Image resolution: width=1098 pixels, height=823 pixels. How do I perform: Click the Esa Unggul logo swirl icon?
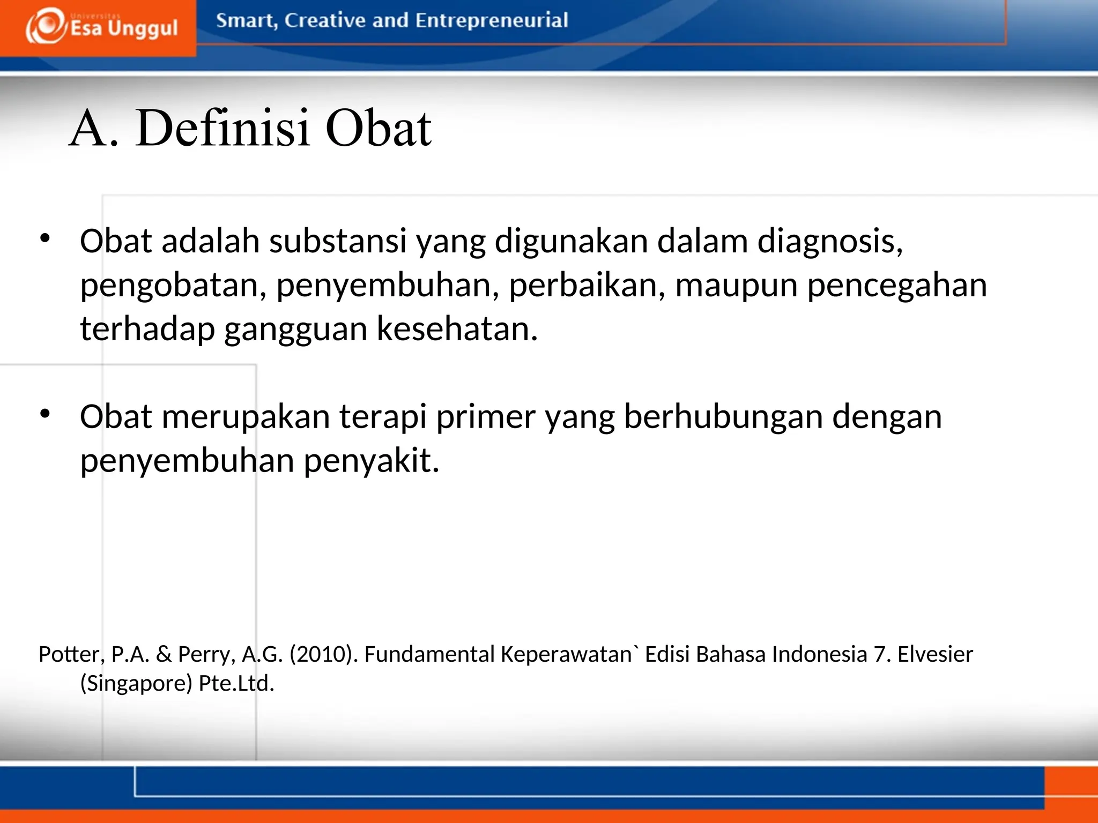pos(46,26)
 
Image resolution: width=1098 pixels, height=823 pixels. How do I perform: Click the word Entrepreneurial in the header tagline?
pos(491,20)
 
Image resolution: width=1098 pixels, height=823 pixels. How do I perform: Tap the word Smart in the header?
pos(246,20)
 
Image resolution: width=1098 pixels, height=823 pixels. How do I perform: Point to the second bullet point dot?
pos(45,413)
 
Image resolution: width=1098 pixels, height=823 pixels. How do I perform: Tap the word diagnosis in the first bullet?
pos(829,241)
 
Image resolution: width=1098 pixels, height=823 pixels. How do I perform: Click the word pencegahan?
pos(897,285)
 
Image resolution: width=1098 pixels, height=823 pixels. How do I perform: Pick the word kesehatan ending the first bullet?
pos(457,328)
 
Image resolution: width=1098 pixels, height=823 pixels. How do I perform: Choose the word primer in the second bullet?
pos(486,416)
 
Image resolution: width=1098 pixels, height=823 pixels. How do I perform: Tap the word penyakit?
pos(372,460)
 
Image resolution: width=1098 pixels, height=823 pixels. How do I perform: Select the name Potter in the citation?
pos(71,654)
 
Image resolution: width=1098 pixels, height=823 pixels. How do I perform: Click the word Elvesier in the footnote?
pos(935,654)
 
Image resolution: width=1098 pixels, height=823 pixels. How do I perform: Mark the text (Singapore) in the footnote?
pos(136,683)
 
